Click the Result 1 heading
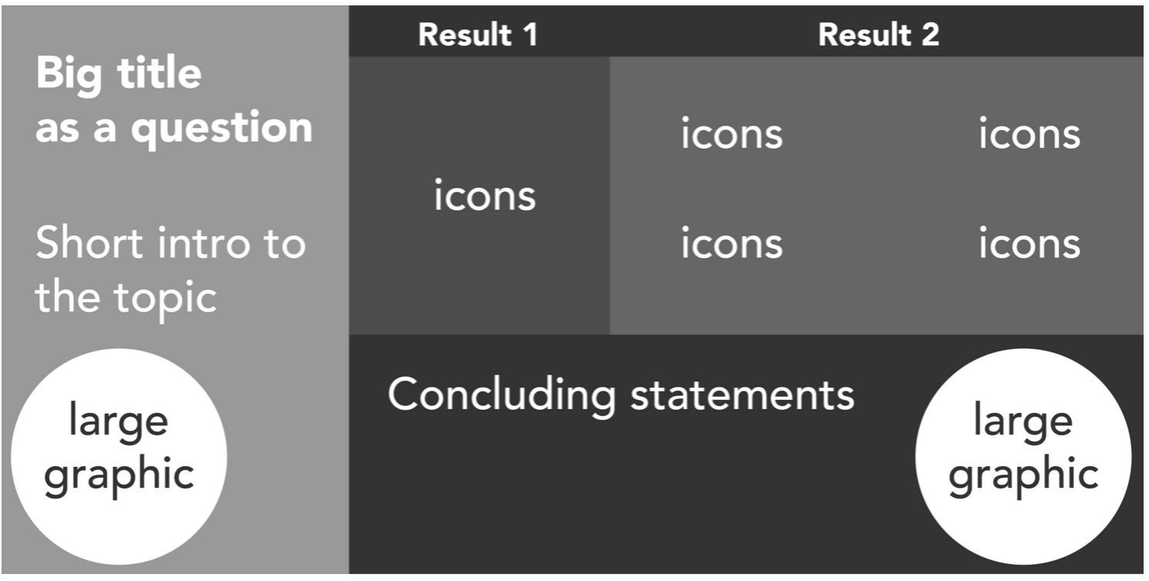point(477,35)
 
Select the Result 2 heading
point(879,35)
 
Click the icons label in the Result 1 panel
point(484,195)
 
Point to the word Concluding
point(501,395)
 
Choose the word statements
point(742,395)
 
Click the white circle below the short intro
point(119,457)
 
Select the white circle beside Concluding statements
point(1023,457)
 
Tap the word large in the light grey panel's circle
point(119,423)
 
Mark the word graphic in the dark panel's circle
point(1023,474)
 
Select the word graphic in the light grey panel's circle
point(119,474)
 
